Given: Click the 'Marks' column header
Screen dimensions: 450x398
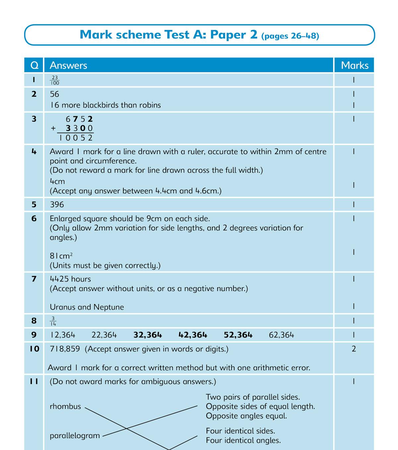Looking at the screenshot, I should pyautogui.click(x=355, y=65).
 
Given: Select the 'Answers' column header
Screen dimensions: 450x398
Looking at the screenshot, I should pyautogui.click(x=68, y=65).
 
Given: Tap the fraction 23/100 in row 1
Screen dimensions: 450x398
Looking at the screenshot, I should pyautogui.click(x=55, y=80).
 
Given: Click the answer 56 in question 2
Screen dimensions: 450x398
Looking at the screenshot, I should pyautogui.click(x=54, y=94).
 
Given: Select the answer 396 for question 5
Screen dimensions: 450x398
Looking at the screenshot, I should pyautogui.click(x=57, y=204).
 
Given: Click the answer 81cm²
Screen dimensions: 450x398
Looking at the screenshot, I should pyautogui.click(x=61, y=256).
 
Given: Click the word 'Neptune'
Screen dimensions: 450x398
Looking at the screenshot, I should pyautogui.click(x=108, y=307).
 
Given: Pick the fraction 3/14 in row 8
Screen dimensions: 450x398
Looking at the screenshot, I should pyautogui.click(x=53, y=321).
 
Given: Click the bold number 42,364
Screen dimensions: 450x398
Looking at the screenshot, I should pyautogui.click(x=193, y=335).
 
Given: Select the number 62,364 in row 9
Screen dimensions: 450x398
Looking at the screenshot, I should pyautogui.click(x=281, y=335).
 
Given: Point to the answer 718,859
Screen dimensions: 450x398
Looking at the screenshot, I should pyautogui.click(x=65, y=349).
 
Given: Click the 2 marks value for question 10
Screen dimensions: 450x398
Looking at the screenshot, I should pyautogui.click(x=354, y=349).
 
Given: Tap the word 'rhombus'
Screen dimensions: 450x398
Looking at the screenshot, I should pyautogui.click(x=65, y=406).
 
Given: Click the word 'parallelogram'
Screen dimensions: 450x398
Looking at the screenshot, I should pyautogui.click(x=75, y=435).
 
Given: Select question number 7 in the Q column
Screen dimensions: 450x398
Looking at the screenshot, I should pyautogui.click(x=34, y=279).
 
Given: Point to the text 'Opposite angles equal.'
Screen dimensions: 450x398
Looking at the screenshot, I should pyautogui.click(x=246, y=416).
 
